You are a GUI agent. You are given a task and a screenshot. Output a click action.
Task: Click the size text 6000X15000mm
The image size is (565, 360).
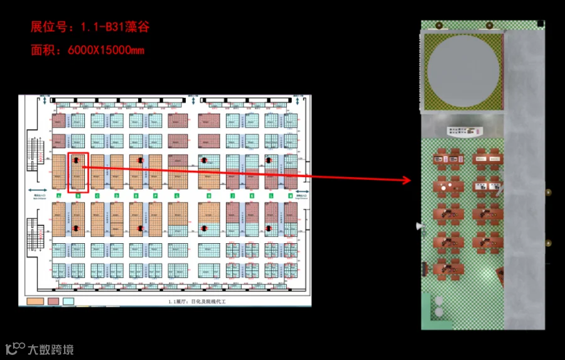(105, 50)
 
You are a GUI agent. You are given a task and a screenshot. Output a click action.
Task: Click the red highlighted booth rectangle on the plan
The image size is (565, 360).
(78, 172)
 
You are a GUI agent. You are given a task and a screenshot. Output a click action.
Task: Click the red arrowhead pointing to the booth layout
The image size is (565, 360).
(406, 181)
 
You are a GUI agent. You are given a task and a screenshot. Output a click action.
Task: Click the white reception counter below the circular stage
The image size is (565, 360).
(463, 131)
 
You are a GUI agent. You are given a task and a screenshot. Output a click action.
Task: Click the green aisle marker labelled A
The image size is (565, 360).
(58, 196)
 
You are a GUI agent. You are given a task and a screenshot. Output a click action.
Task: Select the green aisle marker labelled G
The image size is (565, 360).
(177, 196)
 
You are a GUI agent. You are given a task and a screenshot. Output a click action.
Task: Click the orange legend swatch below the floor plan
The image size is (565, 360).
(35, 302)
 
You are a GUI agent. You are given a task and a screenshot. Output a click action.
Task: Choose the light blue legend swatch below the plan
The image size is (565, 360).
(68, 302)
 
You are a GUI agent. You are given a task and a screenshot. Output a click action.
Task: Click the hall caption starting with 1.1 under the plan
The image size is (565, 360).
(196, 302)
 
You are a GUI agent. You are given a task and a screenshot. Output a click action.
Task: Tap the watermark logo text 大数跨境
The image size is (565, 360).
(50, 349)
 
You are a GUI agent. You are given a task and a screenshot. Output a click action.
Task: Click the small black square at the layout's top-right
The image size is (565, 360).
(540, 25)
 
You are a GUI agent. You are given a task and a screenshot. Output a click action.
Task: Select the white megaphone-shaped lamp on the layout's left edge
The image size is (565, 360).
(419, 225)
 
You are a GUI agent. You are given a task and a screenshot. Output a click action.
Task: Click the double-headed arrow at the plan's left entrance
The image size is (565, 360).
(39, 189)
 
